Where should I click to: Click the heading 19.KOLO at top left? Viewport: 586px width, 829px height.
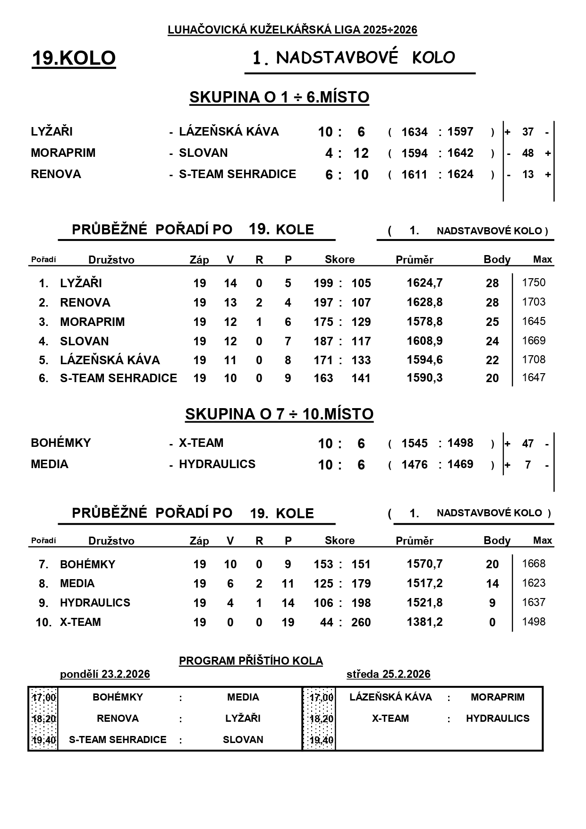click(x=74, y=58)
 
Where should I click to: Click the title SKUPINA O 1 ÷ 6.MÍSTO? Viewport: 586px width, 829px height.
click(x=279, y=97)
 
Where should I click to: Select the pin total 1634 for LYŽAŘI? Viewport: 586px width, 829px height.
click(x=414, y=132)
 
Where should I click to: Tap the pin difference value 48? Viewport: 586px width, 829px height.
click(x=527, y=154)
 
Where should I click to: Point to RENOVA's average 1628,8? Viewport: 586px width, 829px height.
click(x=425, y=302)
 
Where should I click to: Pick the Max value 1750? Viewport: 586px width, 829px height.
click(x=534, y=283)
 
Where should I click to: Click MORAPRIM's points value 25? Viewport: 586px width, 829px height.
click(x=492, y=322)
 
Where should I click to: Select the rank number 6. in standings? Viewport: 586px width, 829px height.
click(x=43, y=378)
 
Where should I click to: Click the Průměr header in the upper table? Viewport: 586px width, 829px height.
click(x=414, y=260)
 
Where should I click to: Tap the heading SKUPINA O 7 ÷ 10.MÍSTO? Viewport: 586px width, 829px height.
click(x=279, y=414)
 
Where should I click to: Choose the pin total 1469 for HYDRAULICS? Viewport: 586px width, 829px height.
click(x=460, y=464)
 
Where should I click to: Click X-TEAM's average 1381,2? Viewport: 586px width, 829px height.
click(x=425, y=622)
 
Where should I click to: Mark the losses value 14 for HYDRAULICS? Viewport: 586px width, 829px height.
click(x=288, y=603)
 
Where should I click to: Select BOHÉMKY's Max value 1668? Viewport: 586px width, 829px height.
click(x=534, y=564)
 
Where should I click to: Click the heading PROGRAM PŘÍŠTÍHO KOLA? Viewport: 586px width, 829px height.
click(x=251, y=661)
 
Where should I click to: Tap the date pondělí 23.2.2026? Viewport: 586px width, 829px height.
click(x=105, y=674)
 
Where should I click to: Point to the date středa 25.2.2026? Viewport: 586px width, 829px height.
click(x=388, y=674)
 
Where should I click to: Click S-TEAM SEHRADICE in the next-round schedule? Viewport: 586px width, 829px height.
click(x=118, y=740)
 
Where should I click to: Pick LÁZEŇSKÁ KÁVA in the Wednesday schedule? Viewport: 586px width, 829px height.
click(x=391, y=697)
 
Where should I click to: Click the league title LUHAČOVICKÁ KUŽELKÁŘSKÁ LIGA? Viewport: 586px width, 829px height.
click(x=292, y=30)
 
